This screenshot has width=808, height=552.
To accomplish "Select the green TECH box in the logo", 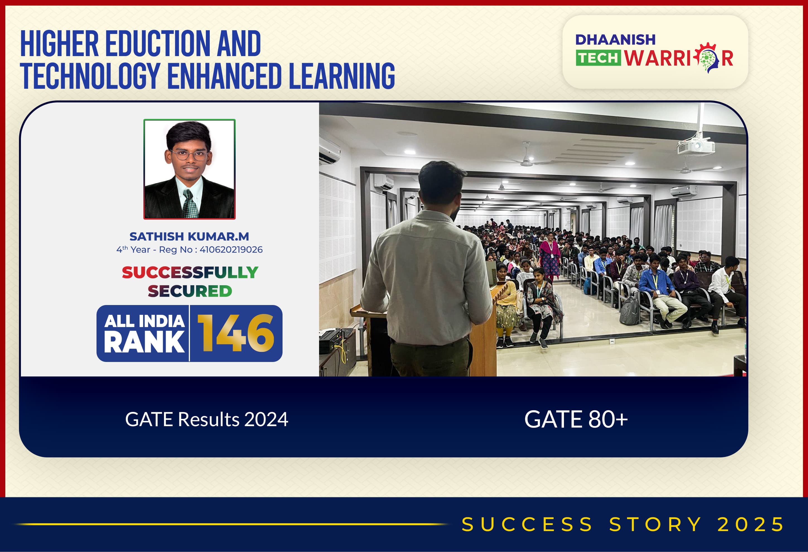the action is point(598,58).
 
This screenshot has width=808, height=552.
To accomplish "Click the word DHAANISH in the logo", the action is point(615,40).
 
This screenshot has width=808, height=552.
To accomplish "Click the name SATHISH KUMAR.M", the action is point(189,237).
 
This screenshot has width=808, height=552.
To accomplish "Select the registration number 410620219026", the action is point(231,250).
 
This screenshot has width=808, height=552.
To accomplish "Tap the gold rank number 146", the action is point(236,333).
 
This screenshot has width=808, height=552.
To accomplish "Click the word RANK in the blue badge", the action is point(144,342).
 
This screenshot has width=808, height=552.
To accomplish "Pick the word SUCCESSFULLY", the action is point(190,272).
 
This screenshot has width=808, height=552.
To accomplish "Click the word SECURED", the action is point(190,291).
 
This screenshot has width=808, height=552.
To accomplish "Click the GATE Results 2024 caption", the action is point(206,419).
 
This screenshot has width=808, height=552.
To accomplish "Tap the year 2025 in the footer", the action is point(750,524).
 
